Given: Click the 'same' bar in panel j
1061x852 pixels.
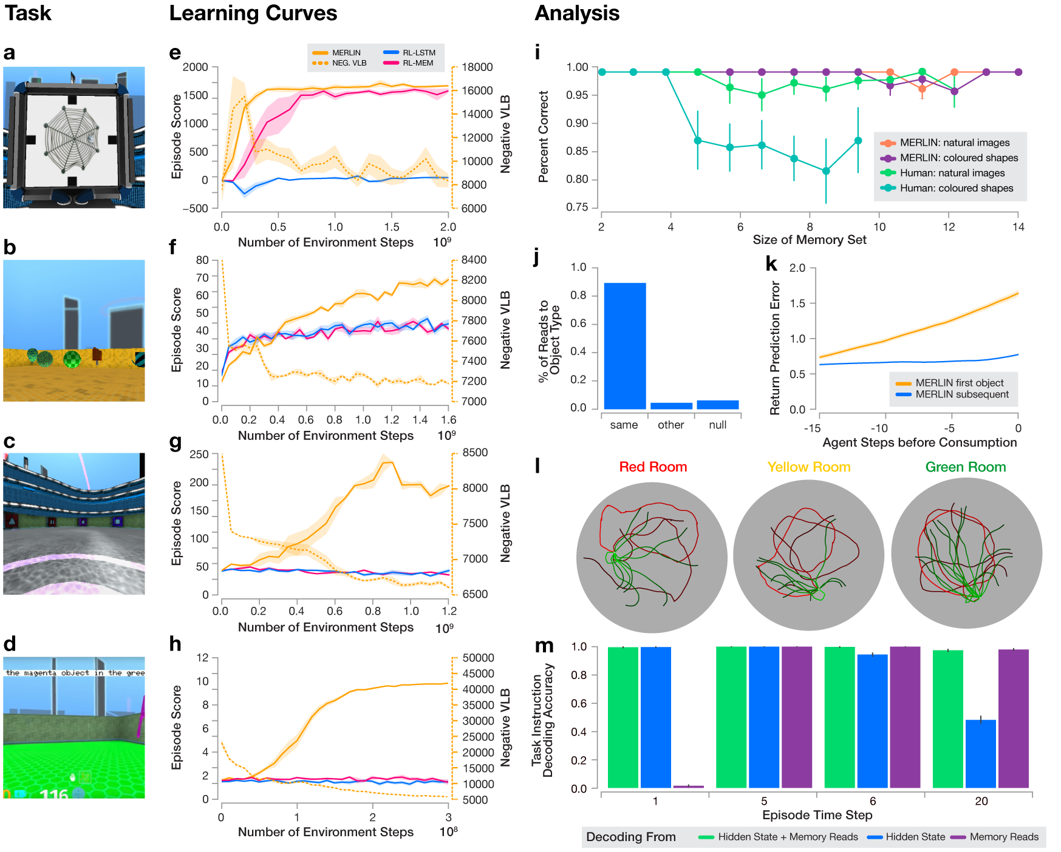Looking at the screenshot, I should [624, 346].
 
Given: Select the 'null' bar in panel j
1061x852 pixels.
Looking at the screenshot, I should [717, 405].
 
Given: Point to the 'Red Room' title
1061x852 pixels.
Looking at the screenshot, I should [653, 467].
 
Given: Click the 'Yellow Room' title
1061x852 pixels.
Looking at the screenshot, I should [808, 467].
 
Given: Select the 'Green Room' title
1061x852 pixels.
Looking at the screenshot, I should [965, 467].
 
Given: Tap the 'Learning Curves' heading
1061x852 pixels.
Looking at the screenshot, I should [253, 13].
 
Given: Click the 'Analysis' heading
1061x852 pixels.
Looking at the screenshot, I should [577, 13].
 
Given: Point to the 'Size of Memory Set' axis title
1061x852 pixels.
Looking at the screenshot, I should [809, 240].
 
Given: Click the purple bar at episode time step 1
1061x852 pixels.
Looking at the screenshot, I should [689, 786].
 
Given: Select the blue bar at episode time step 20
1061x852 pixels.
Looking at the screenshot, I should [980, 754].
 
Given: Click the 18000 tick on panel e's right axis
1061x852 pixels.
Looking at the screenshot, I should [477, 67].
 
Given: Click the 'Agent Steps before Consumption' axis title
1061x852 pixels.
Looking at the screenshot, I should [919, 442].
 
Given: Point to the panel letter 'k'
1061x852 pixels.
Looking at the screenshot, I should [771, 263].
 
